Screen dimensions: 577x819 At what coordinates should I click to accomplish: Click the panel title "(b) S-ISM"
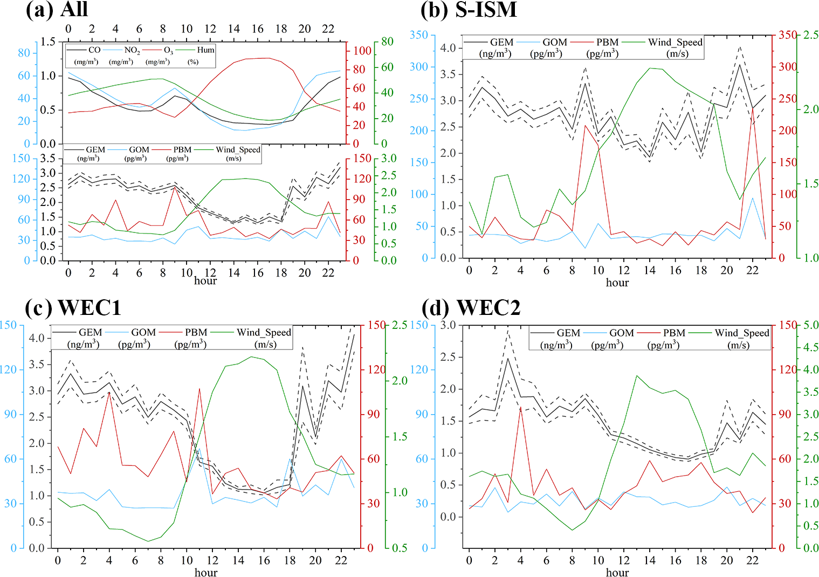469,10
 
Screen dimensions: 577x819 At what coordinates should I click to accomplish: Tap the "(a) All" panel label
57,10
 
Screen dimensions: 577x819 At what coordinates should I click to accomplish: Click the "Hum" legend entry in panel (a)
205,50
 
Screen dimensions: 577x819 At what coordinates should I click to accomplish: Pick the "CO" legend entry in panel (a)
94,50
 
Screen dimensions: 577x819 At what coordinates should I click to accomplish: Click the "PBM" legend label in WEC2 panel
674,333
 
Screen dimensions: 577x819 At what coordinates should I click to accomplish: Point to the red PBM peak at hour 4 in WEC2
520,408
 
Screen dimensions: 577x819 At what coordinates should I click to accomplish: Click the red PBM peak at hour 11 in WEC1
199,389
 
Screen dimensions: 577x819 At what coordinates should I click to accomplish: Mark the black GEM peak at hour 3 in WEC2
507,359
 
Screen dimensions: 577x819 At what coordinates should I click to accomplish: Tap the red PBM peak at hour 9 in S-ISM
585,126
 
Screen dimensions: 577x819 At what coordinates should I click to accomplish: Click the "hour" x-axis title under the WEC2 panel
617,572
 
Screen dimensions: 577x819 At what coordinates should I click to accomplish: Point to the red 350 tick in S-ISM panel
787,35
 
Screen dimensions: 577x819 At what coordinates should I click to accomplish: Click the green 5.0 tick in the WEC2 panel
810,325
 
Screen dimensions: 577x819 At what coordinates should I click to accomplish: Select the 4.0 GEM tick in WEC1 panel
37,339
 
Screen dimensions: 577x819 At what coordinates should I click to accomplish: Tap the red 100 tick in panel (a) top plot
362,51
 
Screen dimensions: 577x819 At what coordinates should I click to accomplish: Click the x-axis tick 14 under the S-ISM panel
649,270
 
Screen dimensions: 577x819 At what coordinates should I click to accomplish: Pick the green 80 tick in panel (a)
387,42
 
